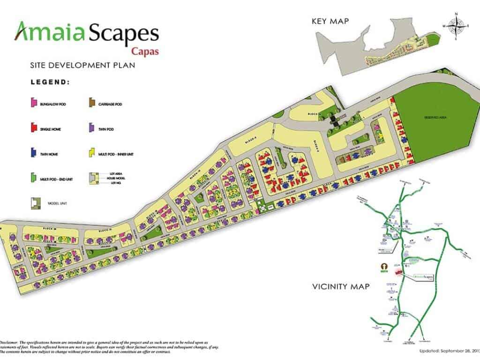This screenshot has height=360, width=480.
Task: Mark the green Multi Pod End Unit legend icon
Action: click(x=33, y=178)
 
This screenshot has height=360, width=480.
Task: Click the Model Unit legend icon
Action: click(x=33, y=203)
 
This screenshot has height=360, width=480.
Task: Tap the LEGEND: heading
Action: click(x=50, y=82)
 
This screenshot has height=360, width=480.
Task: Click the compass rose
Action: click(x=455, y=26)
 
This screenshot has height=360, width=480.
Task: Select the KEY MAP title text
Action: click(x=333, y=21)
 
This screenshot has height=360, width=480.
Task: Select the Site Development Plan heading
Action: click(x=82, y=65)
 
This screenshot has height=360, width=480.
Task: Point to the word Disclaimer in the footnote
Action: click(x=10, y=343)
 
